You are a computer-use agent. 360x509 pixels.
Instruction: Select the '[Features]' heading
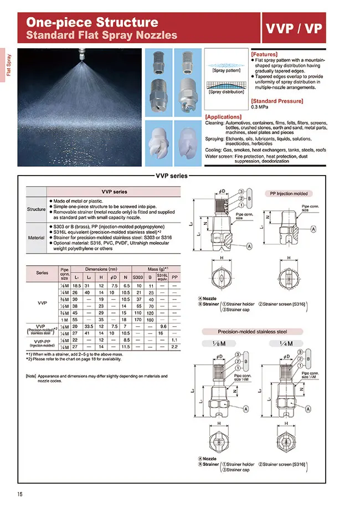click(x=265, y=55)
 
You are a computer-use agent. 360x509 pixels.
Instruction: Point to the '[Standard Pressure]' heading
click(x=277, y=101)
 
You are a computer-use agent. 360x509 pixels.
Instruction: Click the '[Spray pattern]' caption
click(x=226, y=71)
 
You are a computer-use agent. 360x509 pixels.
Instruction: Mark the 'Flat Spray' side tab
click(x=9, y=64)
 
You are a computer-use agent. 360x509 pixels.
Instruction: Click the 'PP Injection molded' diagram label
click(x=289, y=194)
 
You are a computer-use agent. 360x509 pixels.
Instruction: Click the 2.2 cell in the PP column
click(x=175, y=346)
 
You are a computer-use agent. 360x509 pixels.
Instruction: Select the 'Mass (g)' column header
click(x=157, y=268)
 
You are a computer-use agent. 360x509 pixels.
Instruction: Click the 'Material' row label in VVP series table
click(x=37, y=238)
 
